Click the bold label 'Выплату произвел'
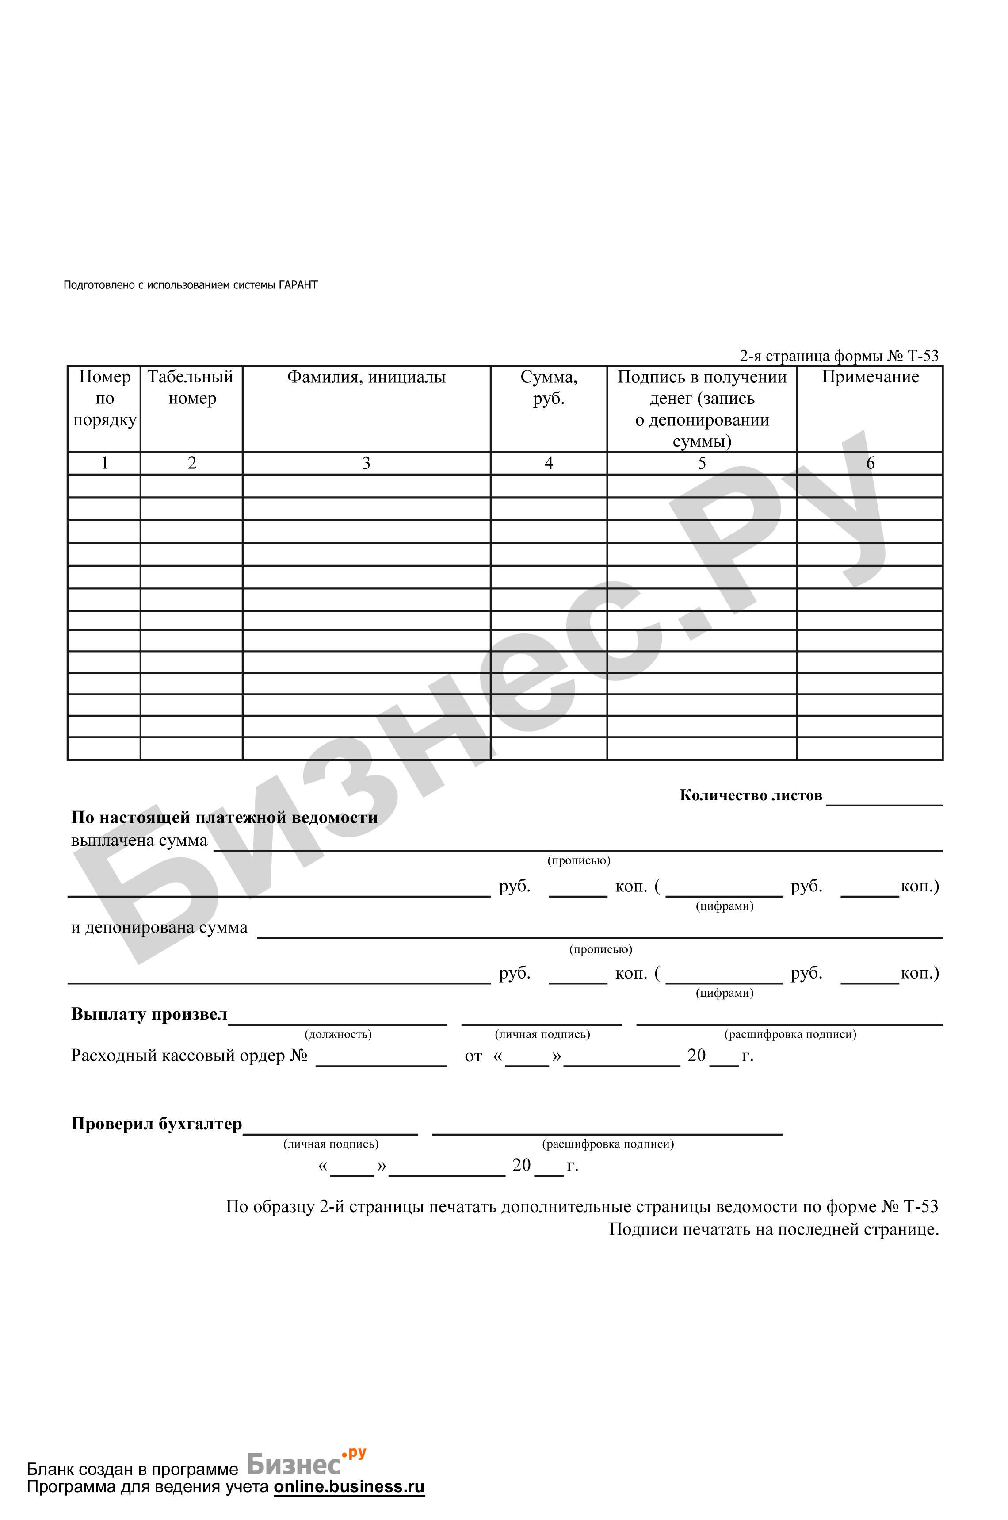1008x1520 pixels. (x=149, y=1014)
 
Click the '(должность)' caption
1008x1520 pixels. (x=338, y=1034)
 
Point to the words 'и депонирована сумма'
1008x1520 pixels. (x=160, y=928)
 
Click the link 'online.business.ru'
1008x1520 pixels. (x=349, y=1486)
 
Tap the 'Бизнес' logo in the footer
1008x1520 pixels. (x=294, y=1465)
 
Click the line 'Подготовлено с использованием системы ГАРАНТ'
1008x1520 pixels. (x=190, y=285)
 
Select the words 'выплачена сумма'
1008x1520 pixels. (x=140, y=841)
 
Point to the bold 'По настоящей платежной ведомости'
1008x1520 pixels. (x=224, y=818)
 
